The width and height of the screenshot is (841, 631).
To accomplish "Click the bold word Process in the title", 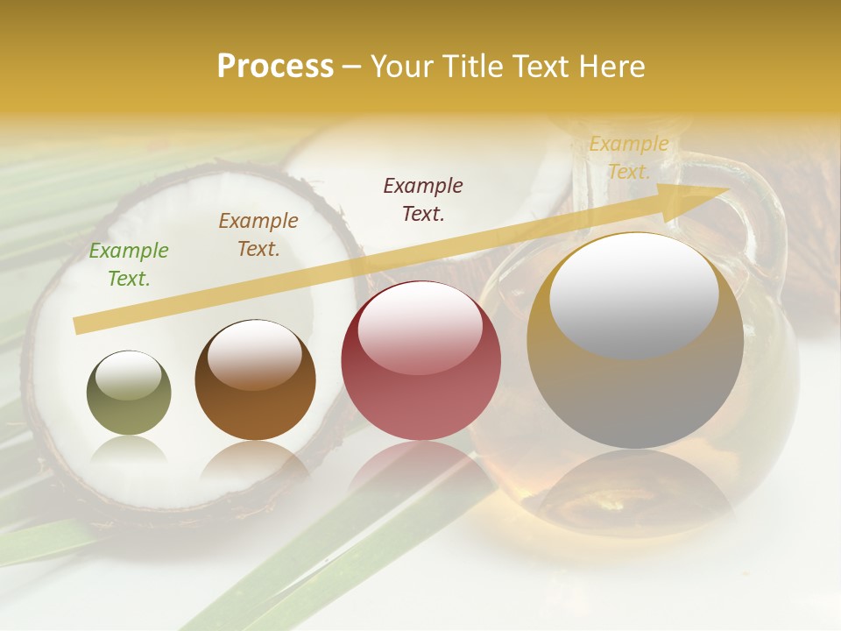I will click(x=275, y=67).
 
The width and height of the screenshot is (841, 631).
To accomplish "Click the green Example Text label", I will click(x=129, y=264).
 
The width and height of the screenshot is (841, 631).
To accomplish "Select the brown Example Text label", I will click(x=258, y=234).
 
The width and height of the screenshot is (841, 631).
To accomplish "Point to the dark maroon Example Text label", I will click(x=423, y=199).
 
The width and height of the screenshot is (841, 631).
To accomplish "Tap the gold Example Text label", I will click(x=629, y=158).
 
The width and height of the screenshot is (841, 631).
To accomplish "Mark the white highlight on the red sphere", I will click(x=420, y=327).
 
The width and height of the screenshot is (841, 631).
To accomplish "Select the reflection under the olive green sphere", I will click(x=129, y=451).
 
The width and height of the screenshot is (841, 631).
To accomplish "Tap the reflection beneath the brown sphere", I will click(x=255, y=460).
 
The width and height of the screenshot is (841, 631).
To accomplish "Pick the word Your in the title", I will click(x=403, y=67).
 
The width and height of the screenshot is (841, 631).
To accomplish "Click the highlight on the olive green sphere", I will click(x=128, y=375).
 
